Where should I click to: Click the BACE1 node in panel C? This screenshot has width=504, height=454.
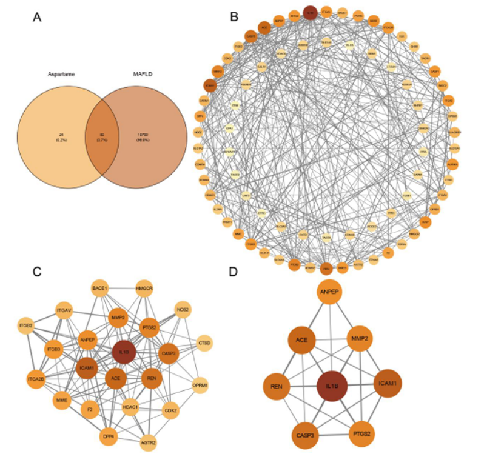click(99, 288)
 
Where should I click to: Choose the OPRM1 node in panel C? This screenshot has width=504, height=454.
click(201, 384)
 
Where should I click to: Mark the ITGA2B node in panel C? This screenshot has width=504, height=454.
click(36, 380)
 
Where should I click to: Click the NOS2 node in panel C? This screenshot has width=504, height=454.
click(183, 309)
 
